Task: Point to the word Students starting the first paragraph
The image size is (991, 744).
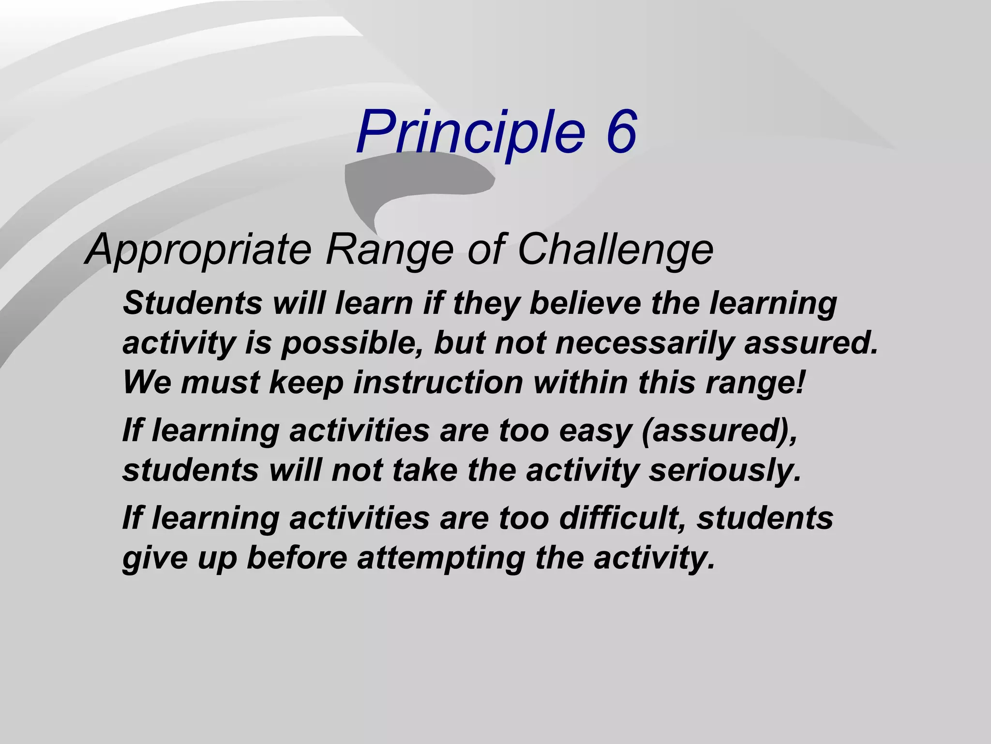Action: tap(192, 303)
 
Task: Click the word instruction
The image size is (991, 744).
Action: tap(438, 383)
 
